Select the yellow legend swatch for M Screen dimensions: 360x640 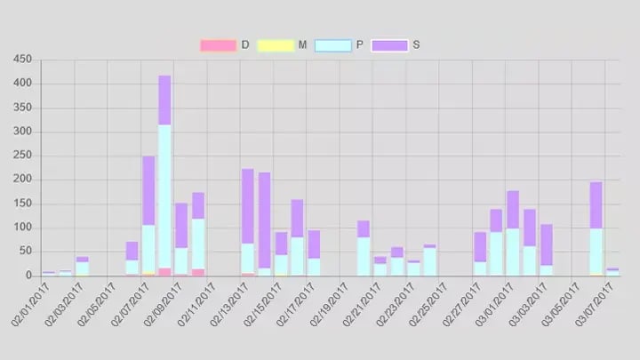tap(275, 45)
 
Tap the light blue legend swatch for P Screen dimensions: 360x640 tap(333, 45)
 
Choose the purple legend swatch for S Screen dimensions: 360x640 tap(389, 45)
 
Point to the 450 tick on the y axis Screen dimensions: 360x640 tap(23, 60)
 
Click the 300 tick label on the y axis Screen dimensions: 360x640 tap(23, 132)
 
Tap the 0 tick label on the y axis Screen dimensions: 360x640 tap(28, 276)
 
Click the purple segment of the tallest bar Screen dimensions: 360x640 tap(164, 100)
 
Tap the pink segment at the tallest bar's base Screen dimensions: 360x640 tap(164, 272)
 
